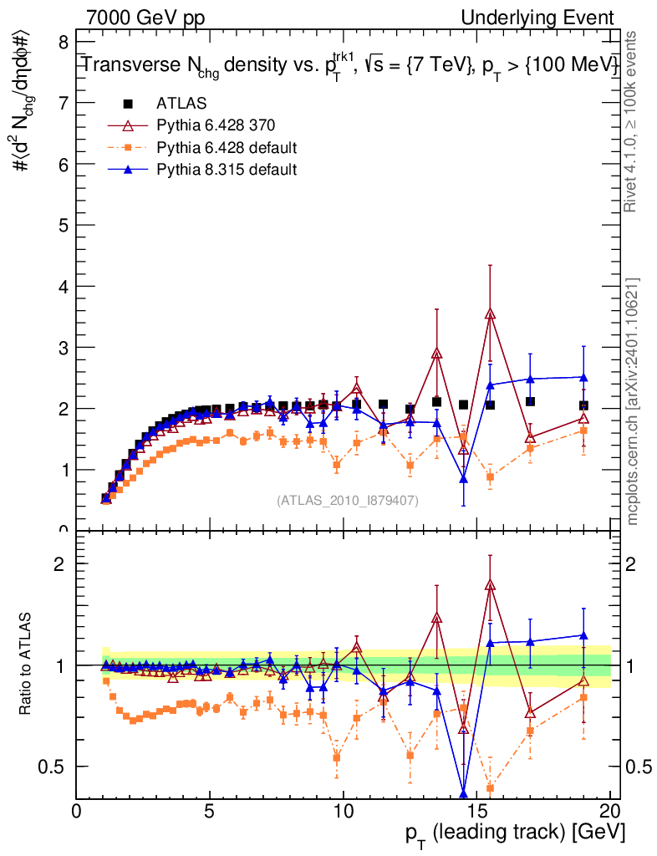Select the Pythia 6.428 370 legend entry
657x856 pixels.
point(215,126)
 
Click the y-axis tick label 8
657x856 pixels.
point(63,42)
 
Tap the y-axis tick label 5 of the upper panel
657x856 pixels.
point(63,225)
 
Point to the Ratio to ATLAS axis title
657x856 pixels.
point(26,665)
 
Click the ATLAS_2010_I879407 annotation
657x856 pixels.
point(348,500)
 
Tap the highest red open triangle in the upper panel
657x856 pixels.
point(491,314)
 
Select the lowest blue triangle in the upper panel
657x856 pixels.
point(464,478)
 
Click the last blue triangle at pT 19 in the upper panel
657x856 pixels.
point(583,377)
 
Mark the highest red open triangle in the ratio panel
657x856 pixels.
point(491,585)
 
